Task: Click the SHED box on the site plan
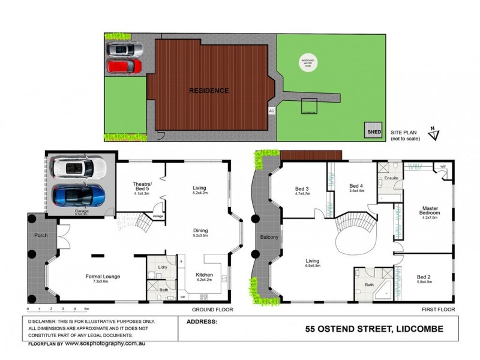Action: (373, 131)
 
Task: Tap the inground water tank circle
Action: (311, 62)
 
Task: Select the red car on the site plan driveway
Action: (125, 66)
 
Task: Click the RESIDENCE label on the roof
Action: (209, 91)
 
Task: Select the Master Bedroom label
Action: (430, 211)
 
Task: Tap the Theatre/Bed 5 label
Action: (142, 187)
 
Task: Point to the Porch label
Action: (40, 235)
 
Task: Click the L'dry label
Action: (161, 266)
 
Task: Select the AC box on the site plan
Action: (272, 111)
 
